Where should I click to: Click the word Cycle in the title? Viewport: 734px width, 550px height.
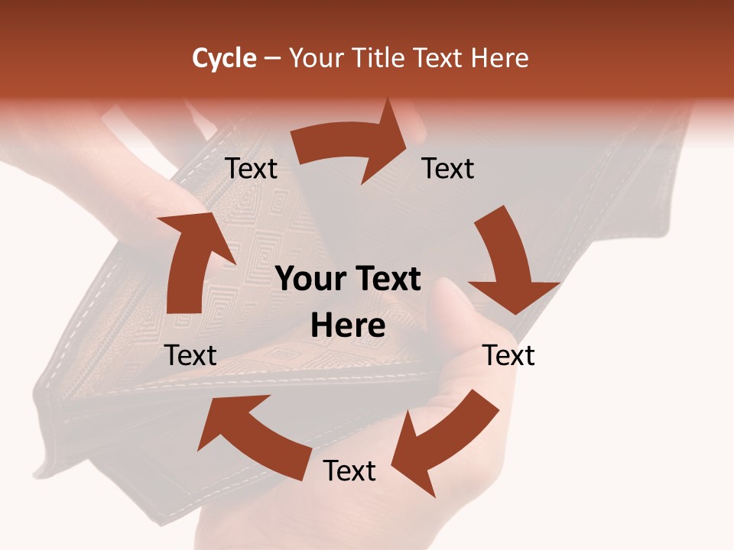(224, 58)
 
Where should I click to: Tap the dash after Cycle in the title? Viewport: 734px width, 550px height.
(272, 59)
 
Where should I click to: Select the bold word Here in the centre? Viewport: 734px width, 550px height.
(348, 325)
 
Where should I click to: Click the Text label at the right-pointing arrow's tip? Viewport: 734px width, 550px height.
(448, 168)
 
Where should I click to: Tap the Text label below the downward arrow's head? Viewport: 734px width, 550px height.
(508, 355)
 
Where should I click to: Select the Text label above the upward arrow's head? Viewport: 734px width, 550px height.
(251, 168)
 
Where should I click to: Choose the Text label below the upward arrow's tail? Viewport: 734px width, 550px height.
(190, 355)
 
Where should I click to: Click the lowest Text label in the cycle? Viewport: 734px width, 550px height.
(349, 471)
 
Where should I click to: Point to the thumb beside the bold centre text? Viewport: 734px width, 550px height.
(451, 306)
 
